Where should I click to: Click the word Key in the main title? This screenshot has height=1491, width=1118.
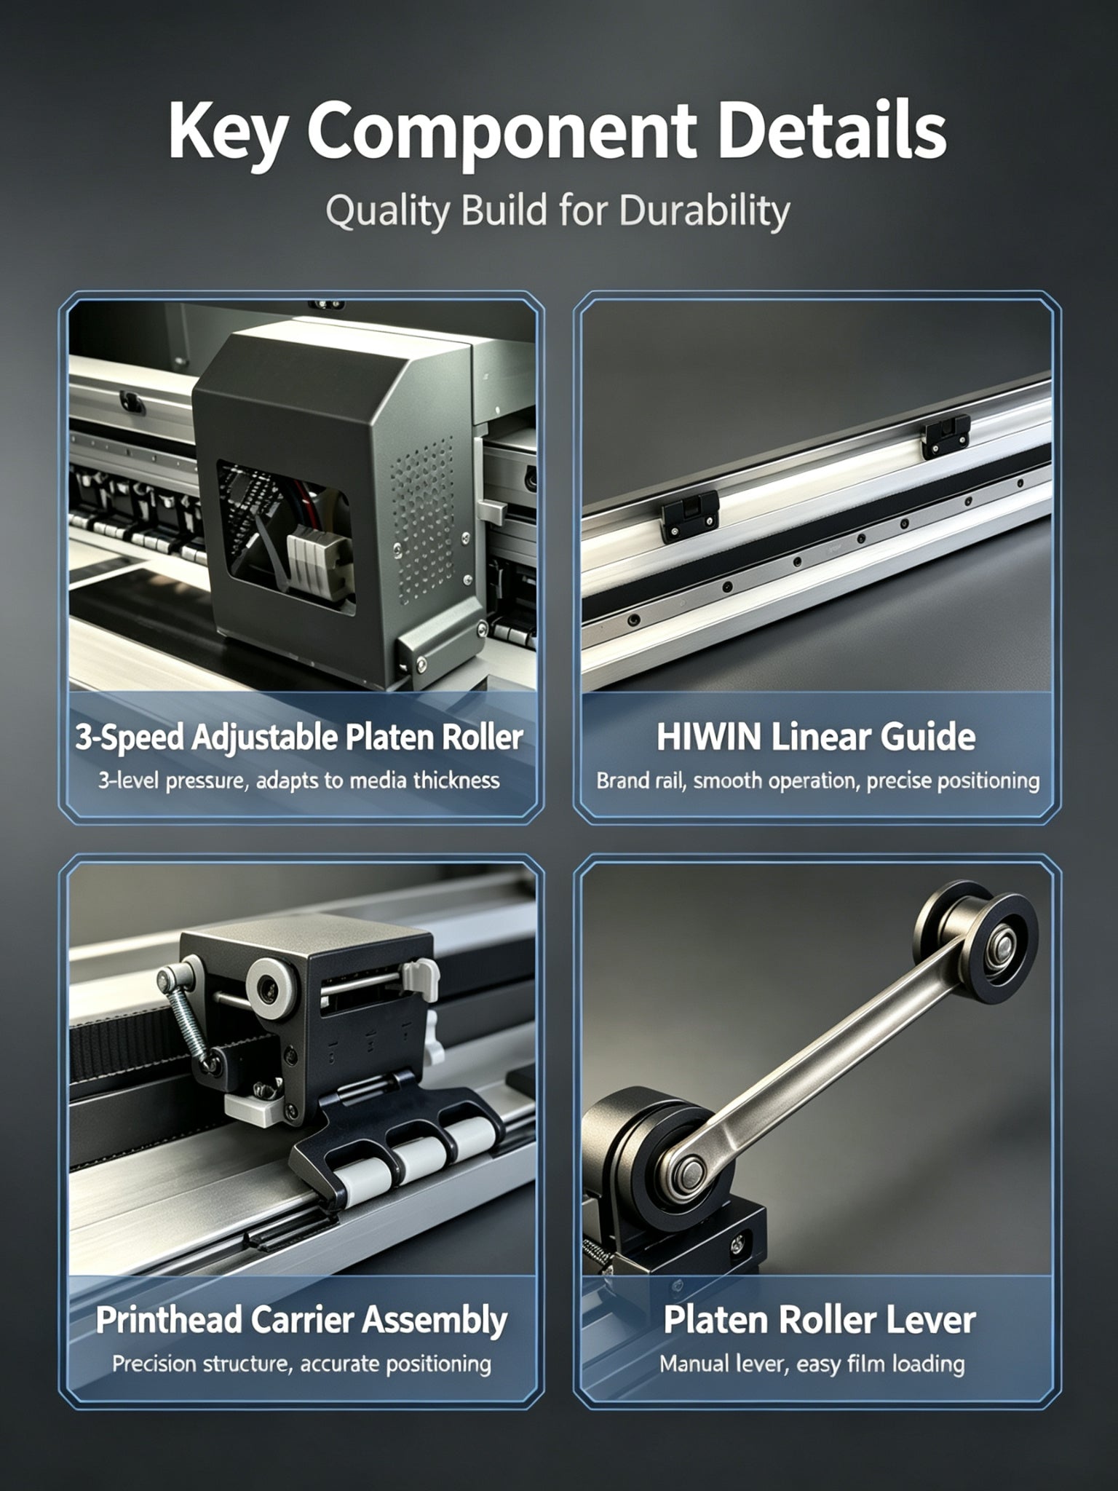225,133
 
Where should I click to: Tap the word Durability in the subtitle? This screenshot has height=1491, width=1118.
704,211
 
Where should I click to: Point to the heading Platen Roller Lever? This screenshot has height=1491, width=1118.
819,1321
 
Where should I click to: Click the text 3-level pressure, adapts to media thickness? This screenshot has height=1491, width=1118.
299,781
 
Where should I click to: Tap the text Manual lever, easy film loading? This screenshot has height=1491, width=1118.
812,1364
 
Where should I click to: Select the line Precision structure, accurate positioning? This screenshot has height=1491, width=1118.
301,1364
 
